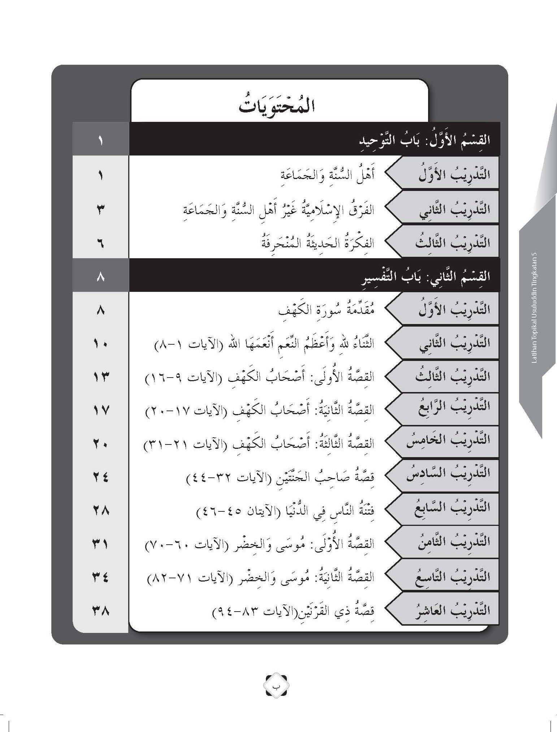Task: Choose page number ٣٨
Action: [x=100, y=611]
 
